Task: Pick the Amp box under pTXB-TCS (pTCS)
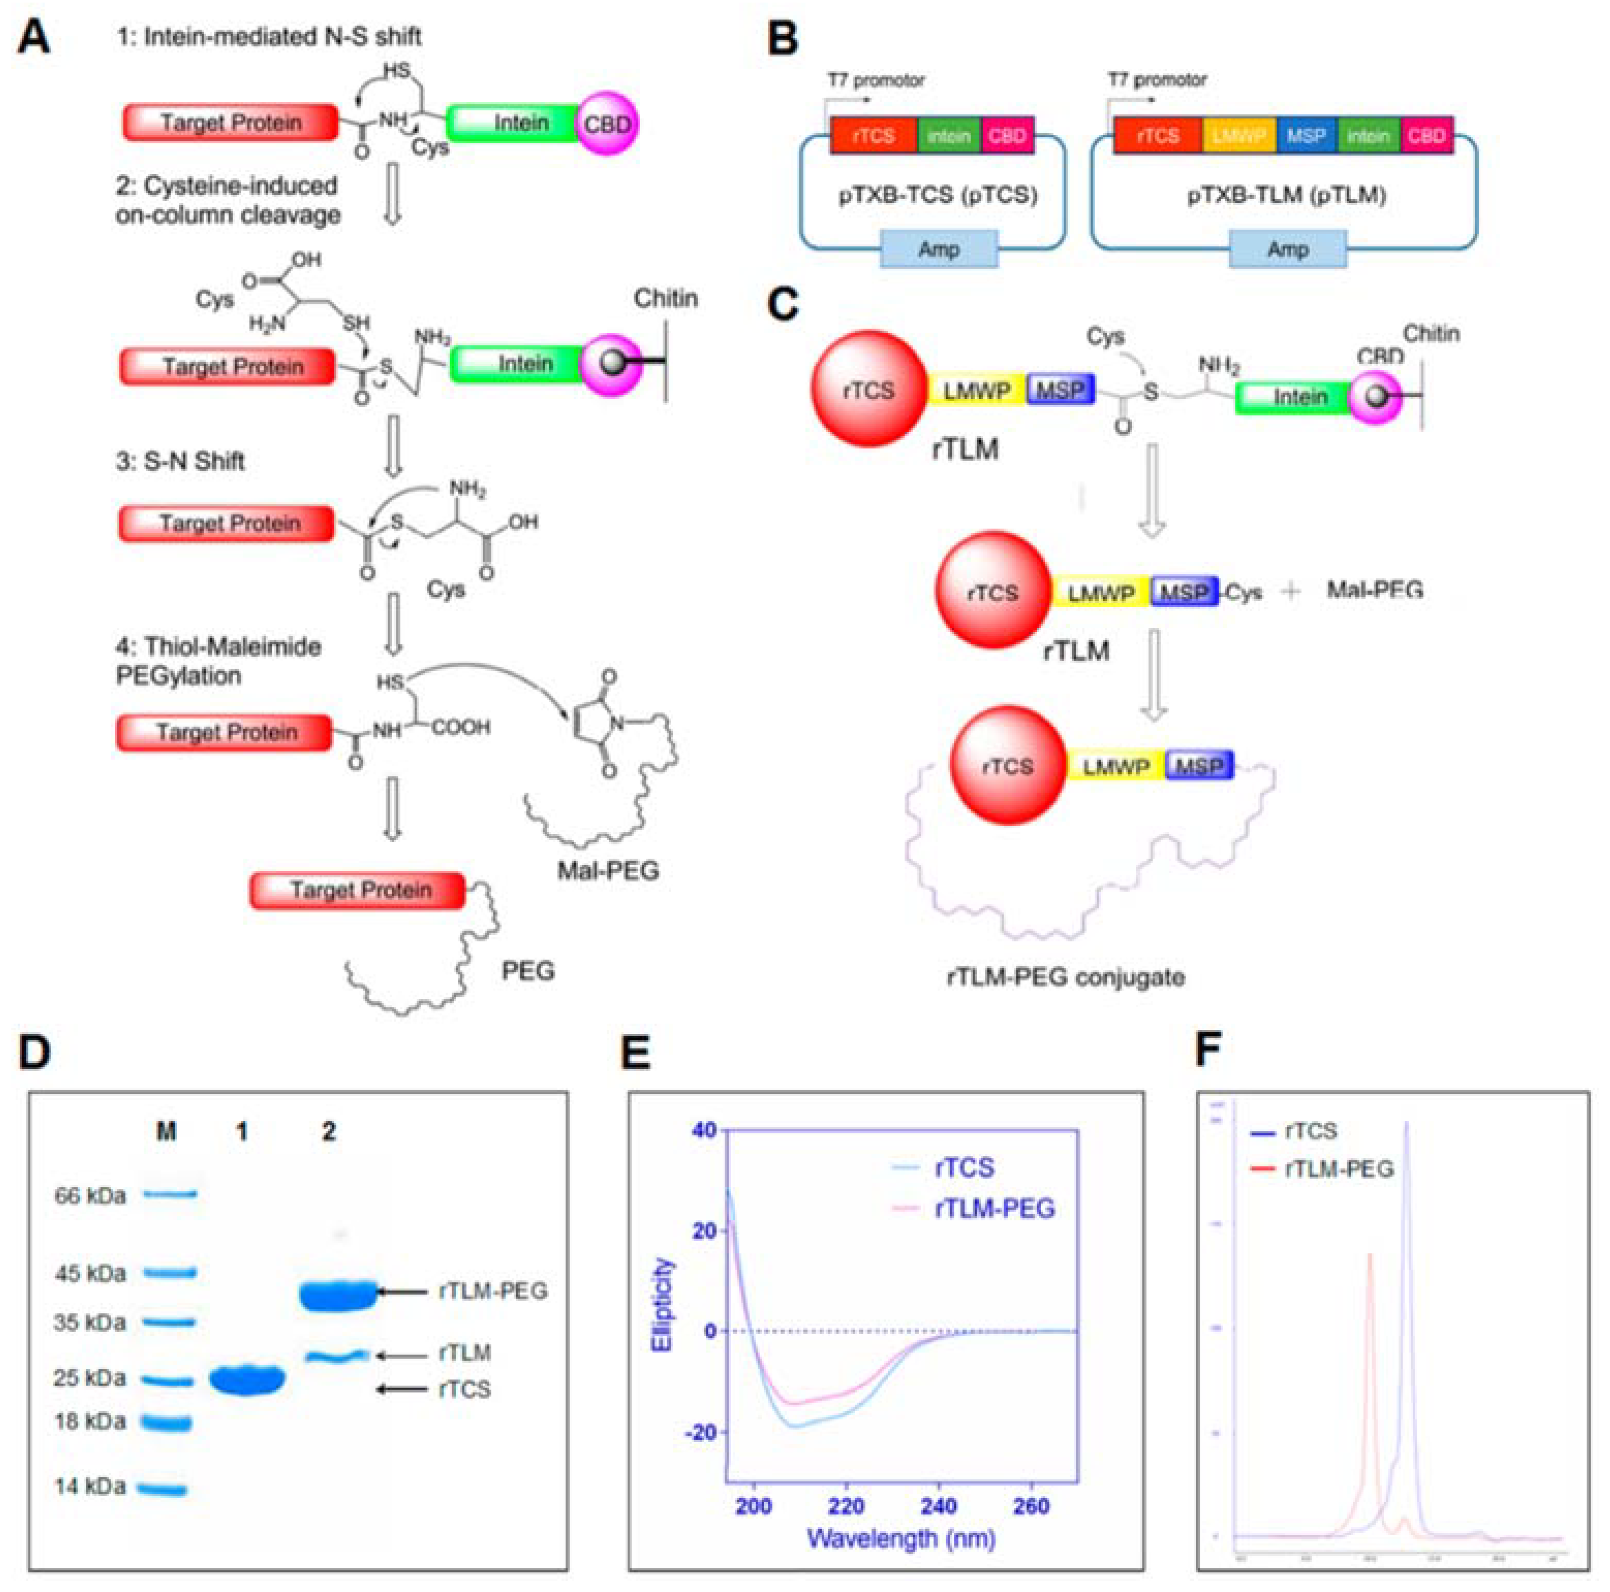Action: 938,249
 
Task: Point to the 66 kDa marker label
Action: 90,1195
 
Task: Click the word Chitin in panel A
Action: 665,298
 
